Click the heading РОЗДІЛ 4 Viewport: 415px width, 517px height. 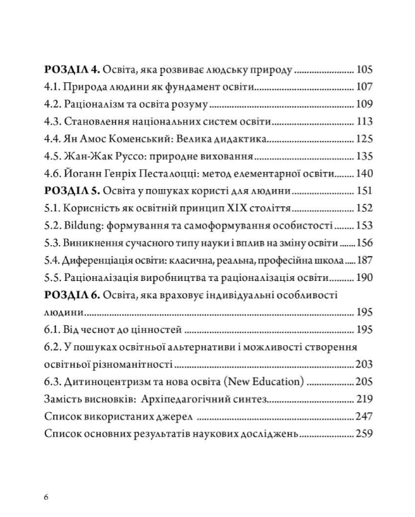[x=72, y=70]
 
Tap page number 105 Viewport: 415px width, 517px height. [x=364, y=70]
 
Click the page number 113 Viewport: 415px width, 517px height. [x=364, y=123]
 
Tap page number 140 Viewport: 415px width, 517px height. [x=364, y=174]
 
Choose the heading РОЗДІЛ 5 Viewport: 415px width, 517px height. [x=72, y=191]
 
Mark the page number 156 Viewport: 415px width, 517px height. [x=364, y=243]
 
